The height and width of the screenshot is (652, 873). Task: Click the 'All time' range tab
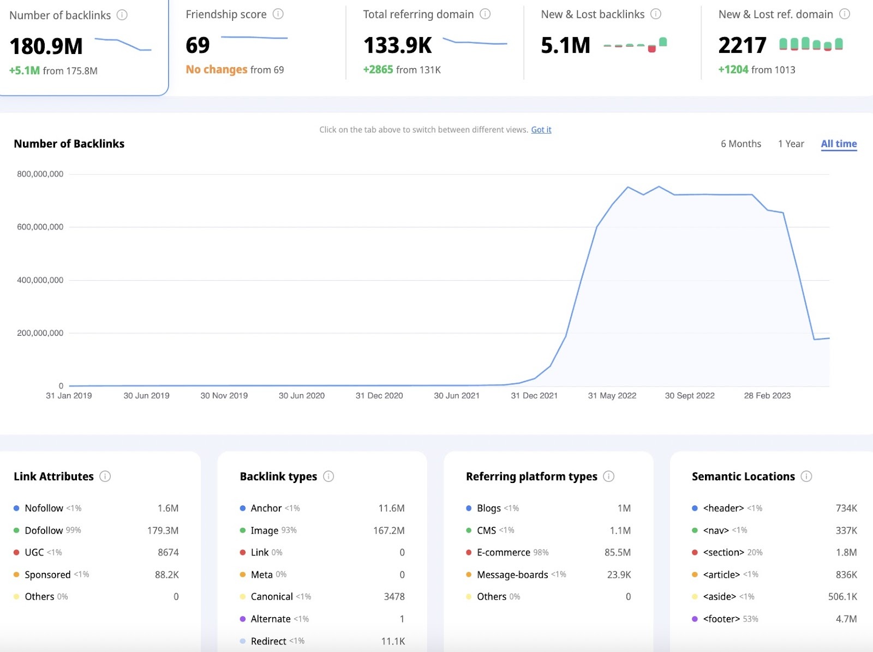(x=839, y=144)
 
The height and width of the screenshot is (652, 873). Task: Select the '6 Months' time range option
(x=740, y=144)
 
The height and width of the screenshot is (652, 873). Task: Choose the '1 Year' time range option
(x=791, y=144)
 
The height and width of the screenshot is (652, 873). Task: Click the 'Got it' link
(x=541, y=130)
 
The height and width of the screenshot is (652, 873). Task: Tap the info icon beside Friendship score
(x=278, y=14)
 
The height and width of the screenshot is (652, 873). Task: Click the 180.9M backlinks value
(x=46, y=46)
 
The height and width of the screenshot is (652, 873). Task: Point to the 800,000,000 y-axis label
(x=40, y=174)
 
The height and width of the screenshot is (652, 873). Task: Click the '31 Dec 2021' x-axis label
(x=534, y=396)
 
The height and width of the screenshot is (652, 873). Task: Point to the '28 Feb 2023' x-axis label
(x=767, y=396)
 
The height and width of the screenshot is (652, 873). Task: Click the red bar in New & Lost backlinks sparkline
(x=651, y=49)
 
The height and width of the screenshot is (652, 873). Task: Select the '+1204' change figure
(x=733, y=70)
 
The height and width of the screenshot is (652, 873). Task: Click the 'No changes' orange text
(x=217, y=70)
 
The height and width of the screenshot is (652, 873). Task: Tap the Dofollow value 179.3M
(x=163, y=530)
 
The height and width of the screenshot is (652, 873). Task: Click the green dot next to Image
(x=243, y=530)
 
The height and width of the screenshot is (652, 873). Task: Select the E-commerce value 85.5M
(x=617, y=553)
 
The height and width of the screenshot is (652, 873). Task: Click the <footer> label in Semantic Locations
(x=721, y=619)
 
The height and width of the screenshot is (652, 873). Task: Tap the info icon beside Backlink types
(x=328, y=476)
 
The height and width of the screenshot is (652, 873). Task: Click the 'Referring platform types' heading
(x=531, y=476)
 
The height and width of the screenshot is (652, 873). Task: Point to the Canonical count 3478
(x=394, y=597)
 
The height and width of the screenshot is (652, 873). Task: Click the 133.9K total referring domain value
(x=398, y=46)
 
